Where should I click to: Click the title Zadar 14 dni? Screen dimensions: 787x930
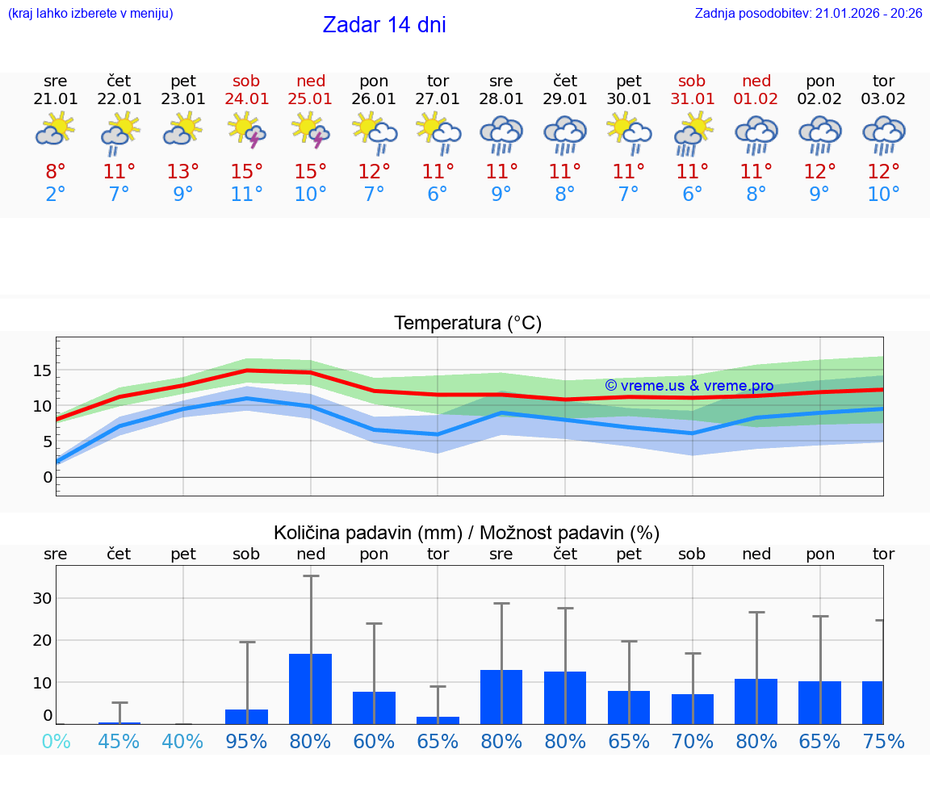pyautogui.click(x=384, y=25)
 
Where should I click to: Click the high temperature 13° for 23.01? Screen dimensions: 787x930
pyautogui.click(x=183, y=172)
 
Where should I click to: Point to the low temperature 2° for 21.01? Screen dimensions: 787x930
pyautogui.click(x=55, y=195)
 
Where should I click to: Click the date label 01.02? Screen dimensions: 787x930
pyautogui.click(x=756, y=99)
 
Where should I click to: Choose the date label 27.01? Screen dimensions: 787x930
pyautogui.click(x=438, y=99)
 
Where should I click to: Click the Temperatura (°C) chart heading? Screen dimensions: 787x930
pyautogui.click(x=467, y=324)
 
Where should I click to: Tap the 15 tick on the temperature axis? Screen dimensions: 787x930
pyautogui.click(x=42, y=370)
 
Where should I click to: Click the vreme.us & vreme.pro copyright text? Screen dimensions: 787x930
pyautogui.click(x=689, y=386)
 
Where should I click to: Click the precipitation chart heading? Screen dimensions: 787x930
pyautogui.click(x=467, y=533)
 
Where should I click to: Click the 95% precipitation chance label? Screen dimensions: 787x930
pyautogui.click(x=246, y=741)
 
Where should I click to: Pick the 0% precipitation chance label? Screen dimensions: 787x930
pyautogui.click(x=55, y=741)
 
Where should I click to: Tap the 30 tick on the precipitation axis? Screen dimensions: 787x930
pyautogui.click(x=42, y=598)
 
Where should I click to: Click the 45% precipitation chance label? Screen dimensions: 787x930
pyautogui.click(x=119, y=741)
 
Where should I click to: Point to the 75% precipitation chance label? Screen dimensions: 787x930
pyautogui.click(x=883, y=741)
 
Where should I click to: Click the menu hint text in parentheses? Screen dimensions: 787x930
pyautogui.click(x=90, y=13)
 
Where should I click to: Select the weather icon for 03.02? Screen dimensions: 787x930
pyautogui.click(x=883, y=134)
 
